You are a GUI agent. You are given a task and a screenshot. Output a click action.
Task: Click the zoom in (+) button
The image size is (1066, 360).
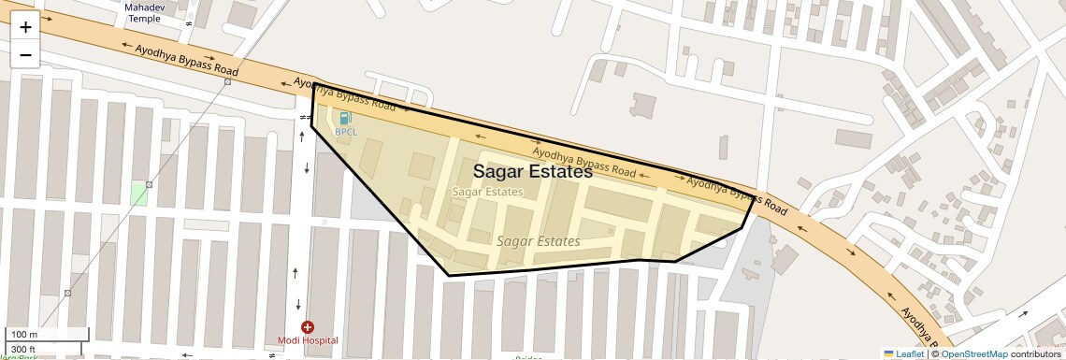click(x=25, y=27)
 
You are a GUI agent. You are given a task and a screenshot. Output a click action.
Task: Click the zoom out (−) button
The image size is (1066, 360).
click(x=25, y=55)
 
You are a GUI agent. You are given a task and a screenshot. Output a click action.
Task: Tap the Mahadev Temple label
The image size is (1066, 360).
click(x=144, y=13)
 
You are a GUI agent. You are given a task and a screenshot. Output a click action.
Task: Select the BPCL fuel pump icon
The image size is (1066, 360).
click(x=346, y=118)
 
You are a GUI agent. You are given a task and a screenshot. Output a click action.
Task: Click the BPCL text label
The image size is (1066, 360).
click(x=346, y=132)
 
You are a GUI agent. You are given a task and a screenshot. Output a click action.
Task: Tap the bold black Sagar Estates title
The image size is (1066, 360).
click(x=532, y=172)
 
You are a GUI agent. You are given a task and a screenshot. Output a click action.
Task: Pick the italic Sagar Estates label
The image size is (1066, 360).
click(x=538, y=241)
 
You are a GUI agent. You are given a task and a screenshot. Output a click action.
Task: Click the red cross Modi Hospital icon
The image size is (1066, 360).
click(x=308, y=327)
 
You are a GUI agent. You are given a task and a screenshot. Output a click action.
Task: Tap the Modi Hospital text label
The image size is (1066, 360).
click(x=308, y=340)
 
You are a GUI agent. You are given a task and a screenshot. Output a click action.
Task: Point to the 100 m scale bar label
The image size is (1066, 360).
click(x=23, y=335)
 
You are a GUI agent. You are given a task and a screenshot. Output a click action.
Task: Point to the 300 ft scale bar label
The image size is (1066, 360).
click(x=23, y=349)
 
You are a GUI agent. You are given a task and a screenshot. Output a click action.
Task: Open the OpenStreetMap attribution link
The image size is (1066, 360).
click(x=973, y=353)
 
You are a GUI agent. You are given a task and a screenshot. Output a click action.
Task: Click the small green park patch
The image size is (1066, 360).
click(x=138, y=194)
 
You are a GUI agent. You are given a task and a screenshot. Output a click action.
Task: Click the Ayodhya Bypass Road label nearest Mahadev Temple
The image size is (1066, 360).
click(x=187, y=59)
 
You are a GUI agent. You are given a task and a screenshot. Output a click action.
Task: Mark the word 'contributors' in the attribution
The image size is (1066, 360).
click(x=1035, y=353)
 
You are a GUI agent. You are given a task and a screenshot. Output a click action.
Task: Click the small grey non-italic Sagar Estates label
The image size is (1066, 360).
click(x=487, y=192)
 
